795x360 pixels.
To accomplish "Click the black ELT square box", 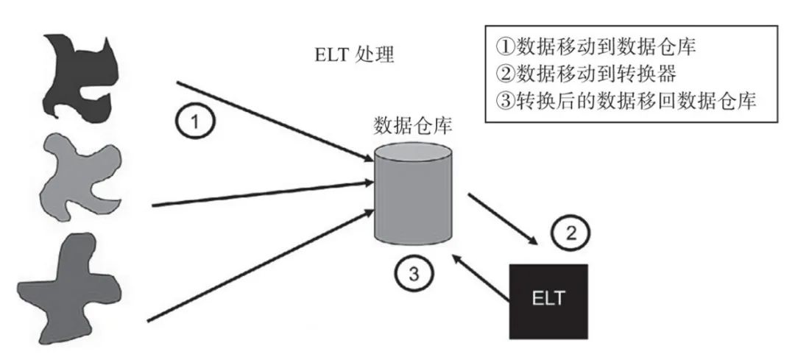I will (548, 300).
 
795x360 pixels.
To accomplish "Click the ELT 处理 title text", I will (353, 56).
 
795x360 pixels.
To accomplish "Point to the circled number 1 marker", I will (195, 121).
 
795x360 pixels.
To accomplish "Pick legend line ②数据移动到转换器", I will (585, 74).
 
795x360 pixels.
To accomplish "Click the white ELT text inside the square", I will (548, 300).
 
